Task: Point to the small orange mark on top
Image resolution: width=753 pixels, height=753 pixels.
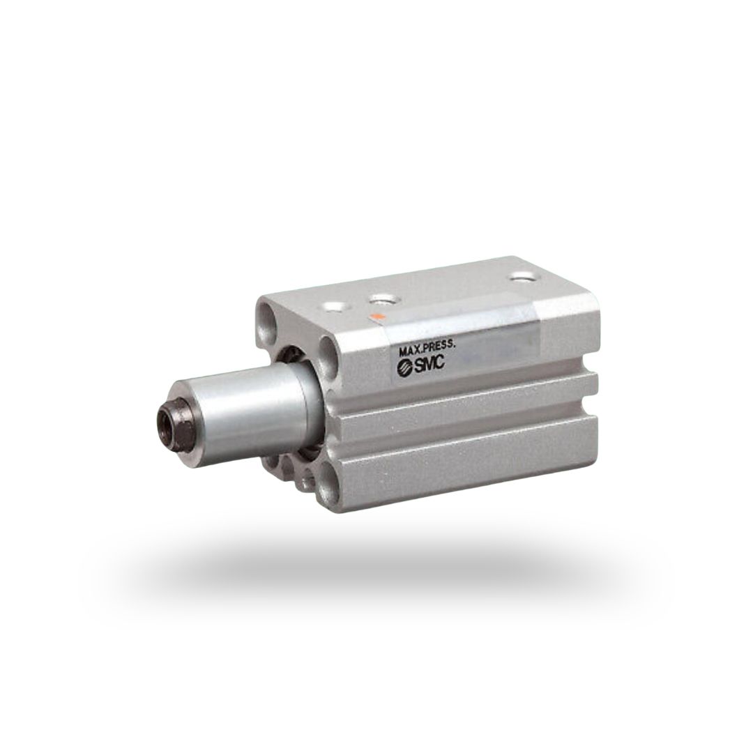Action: [377, 317]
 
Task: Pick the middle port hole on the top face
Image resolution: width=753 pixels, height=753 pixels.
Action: [381, 301]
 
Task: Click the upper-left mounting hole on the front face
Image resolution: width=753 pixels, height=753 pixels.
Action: [268, 312]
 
